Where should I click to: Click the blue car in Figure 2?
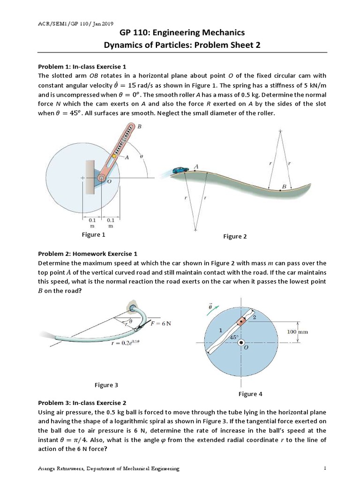click(x=180, y=170)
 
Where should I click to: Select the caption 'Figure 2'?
click(x=235, y=237)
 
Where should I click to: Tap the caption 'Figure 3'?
click(x=106, y=385)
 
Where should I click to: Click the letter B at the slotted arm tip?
click(x=140, y=127)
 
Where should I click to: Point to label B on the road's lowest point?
click(x=284, y=186)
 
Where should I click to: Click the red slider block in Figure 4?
click(x=242, y=322)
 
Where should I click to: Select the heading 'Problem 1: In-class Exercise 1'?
click(x=82, y=66)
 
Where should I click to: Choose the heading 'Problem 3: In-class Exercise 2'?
click(x=82, y=403)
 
